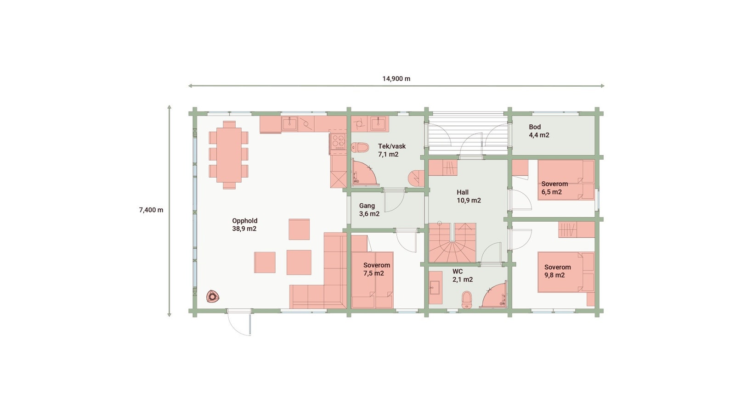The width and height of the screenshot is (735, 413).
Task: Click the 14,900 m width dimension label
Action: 396,78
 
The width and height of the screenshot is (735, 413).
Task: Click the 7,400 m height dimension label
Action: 151,210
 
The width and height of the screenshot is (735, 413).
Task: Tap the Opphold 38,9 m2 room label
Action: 244,224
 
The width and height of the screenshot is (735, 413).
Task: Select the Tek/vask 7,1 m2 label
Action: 391,150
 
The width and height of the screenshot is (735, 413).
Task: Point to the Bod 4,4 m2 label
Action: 538,131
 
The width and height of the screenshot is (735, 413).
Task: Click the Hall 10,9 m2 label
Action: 468,196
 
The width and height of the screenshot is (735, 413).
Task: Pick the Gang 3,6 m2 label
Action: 369,210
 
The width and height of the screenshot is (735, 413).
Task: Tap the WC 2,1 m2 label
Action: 462,275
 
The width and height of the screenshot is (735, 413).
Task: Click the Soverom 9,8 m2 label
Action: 557,271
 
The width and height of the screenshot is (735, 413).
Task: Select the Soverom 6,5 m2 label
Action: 554,188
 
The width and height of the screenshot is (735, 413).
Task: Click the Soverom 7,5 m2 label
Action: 376,269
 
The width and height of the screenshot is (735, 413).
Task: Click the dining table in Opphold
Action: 229,155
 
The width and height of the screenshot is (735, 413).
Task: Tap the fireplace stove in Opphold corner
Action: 212,296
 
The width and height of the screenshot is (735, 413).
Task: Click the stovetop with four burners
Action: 338,142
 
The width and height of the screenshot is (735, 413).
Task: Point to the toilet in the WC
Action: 467,299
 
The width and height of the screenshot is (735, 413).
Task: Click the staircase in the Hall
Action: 452,243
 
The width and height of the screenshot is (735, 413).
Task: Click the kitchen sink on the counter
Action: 289,123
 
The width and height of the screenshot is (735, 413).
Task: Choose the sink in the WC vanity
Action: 434,289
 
